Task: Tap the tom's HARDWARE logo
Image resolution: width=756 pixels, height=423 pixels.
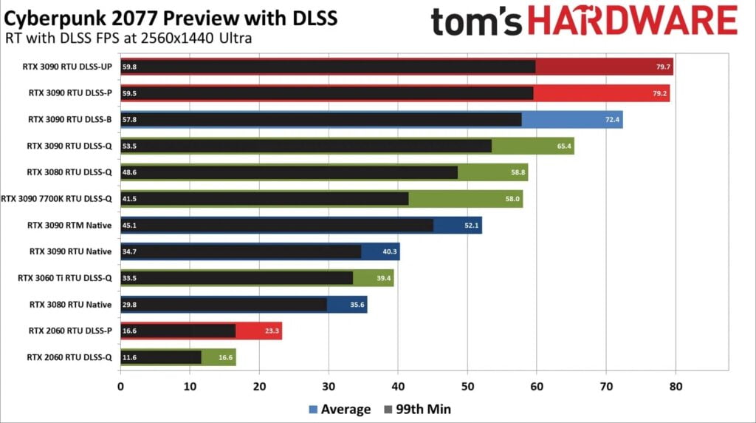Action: pos(584,21)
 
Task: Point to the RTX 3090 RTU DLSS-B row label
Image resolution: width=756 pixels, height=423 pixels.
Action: pos(69,119)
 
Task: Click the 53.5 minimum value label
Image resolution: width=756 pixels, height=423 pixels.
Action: pos(131,146)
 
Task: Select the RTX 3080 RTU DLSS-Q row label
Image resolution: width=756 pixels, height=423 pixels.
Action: pos(69,172)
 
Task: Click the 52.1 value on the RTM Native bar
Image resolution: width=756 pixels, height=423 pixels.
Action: pos(472,226)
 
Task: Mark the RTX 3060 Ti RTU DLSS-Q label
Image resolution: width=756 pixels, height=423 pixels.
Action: pos(64,278)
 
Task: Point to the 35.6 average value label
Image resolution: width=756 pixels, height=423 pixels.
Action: pos(357,305)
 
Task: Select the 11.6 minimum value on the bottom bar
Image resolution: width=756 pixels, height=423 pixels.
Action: pos(131,358)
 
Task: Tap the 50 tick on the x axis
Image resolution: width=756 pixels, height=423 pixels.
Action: pos(467,385)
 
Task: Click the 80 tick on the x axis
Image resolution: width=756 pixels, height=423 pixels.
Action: pos(676,385)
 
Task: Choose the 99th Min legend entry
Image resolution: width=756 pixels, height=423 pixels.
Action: pos(417,409)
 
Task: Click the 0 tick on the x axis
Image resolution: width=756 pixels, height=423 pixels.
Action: pos(120,385)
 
